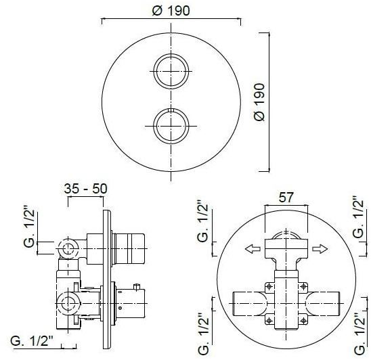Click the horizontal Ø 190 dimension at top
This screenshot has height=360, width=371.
pyautogui.click(x=171, y=10)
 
